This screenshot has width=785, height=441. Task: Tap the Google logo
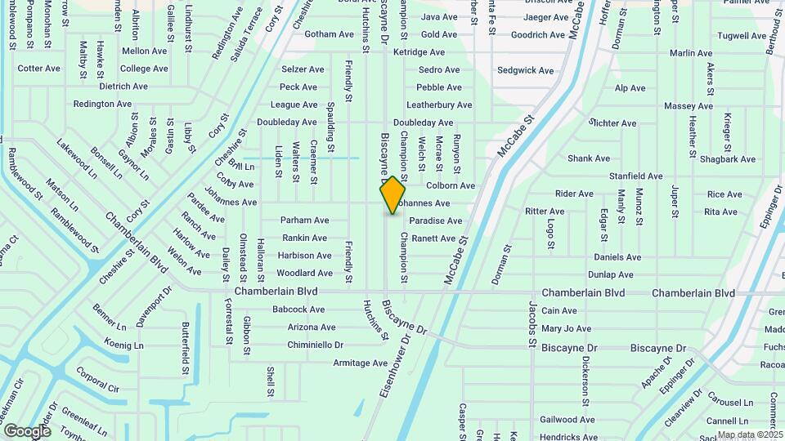[x=27, y=430]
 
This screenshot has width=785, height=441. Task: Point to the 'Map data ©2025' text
[x=750, y=434]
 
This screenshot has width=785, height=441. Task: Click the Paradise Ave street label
[x=436, y=220]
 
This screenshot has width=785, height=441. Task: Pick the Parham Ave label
[x=304, y=220]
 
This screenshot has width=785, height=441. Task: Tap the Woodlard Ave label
[x=304, y=274]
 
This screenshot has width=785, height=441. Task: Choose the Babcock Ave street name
[x=298, y=310]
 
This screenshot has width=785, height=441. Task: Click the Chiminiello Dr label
[x=315, y=345]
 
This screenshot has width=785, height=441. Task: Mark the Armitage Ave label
[x=360, y=363]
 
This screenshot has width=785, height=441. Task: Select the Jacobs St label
[x=532, y=320]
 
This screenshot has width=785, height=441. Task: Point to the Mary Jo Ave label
[x=566, y=328]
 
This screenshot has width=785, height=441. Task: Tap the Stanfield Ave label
[x=635, y=176]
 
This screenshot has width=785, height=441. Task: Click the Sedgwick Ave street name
[x=526, y=70]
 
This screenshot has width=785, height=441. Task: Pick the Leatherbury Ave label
[x=439, y=105]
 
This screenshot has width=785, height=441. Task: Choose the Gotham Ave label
[x=326, y=34]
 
